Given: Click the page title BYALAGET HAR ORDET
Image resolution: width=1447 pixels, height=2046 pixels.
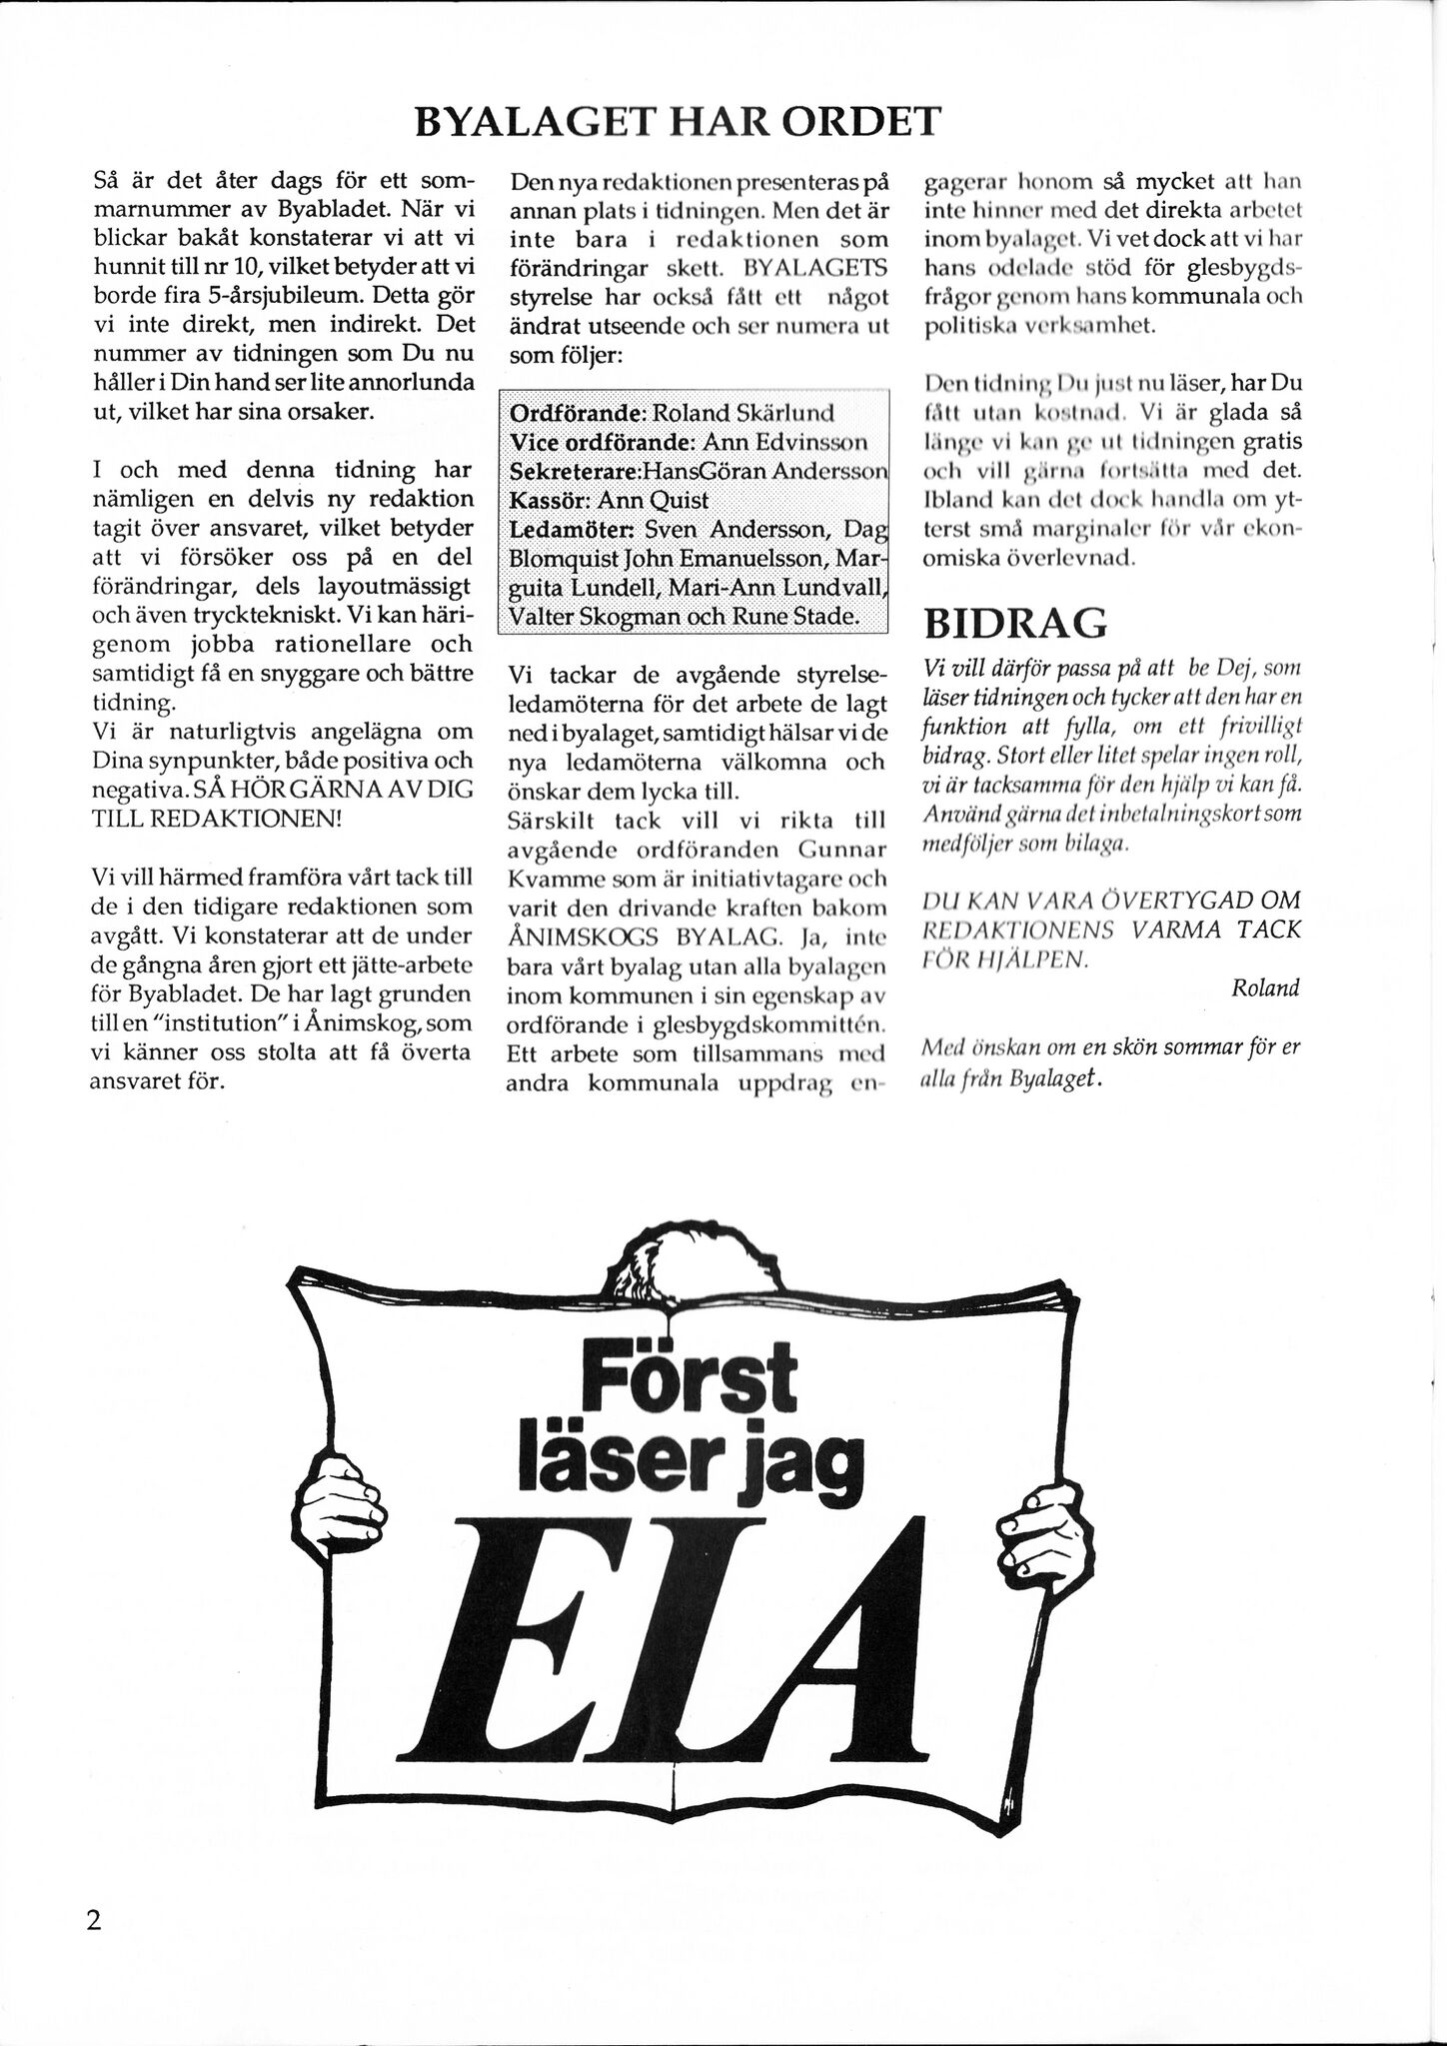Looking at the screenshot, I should coord(677,122).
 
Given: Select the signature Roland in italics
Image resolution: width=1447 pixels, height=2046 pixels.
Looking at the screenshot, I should coord(1265,989).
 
